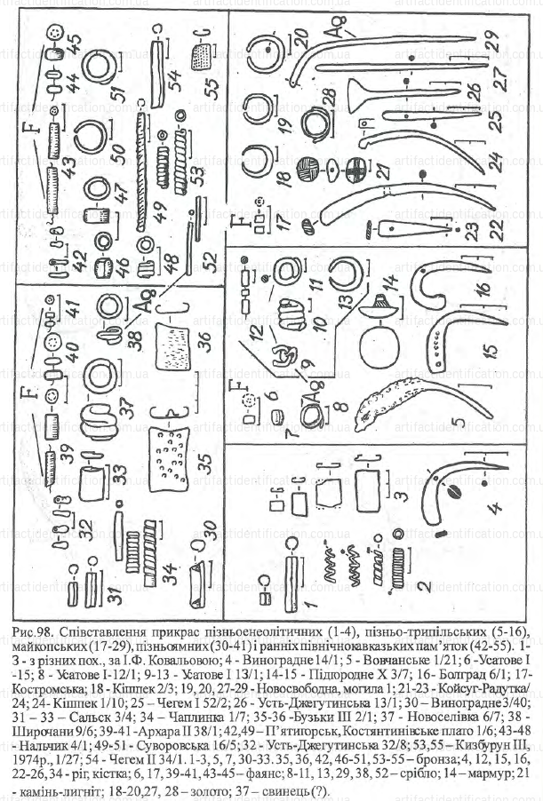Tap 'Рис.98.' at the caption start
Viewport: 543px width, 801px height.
pyautogui.click(x=34, y=630)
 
